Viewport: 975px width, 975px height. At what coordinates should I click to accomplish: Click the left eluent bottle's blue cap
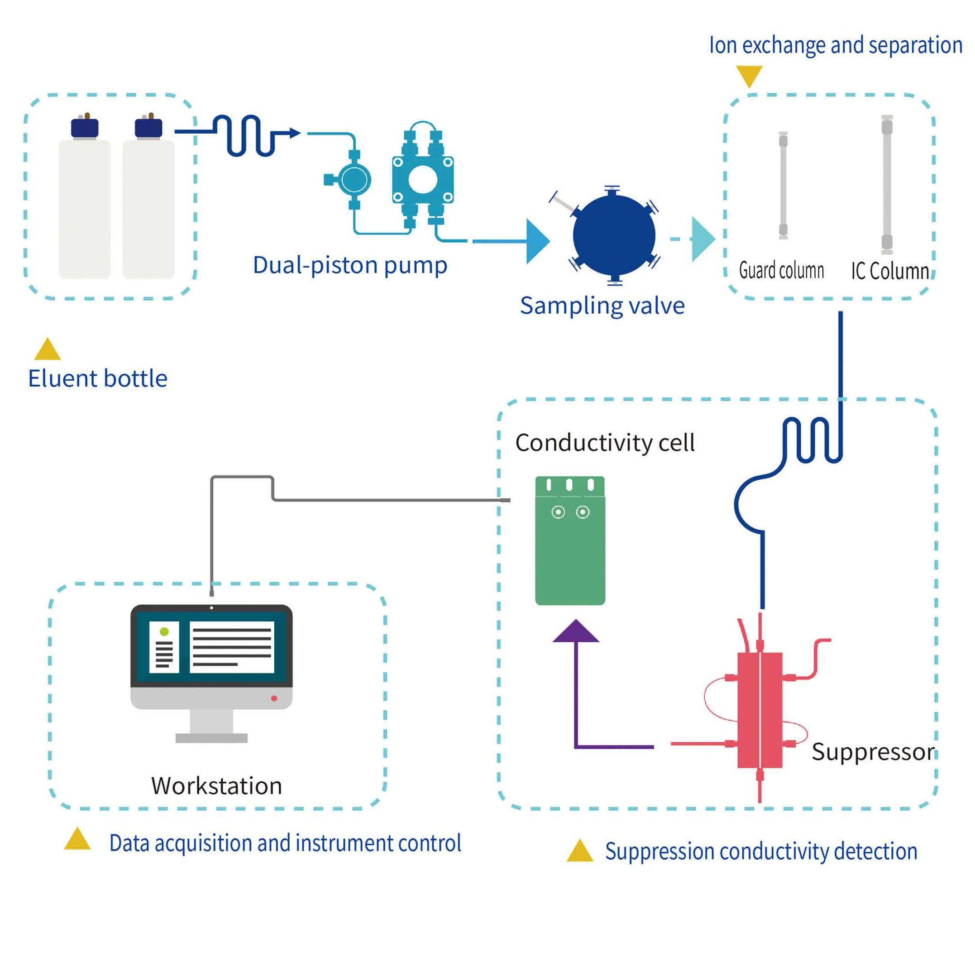(84, 128)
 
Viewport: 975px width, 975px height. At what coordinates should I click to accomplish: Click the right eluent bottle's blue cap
(148, 128)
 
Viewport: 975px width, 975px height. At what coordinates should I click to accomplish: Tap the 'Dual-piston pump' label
(350, 265)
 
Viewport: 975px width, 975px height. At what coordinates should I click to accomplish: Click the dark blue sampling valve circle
(614, 235)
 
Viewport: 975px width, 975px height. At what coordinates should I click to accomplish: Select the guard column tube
(783, 185)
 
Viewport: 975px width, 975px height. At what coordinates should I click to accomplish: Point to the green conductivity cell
(570, 550)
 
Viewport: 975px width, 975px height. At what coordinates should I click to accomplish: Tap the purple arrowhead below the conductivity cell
(576, 632)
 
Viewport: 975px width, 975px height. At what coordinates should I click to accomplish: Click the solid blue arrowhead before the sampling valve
(536, 241)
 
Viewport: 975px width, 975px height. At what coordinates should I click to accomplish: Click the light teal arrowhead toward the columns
(702, 239)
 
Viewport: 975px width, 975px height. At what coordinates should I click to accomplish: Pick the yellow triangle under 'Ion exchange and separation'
(749, 75)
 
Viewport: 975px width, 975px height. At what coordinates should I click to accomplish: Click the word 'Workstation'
(216, 786)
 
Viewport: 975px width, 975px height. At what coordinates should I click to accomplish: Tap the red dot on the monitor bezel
(274, 698)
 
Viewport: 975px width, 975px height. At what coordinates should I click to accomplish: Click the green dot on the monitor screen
(164, 631)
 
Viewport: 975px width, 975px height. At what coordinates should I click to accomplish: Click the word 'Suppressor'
(873, 752)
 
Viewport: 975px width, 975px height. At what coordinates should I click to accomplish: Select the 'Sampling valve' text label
(602, 306)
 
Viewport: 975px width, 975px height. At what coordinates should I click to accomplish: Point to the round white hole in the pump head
(422, 179)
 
